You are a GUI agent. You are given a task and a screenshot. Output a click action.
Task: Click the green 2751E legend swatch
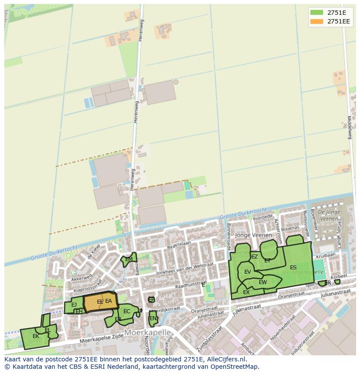317,12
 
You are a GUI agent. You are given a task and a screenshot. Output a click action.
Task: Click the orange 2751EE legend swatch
317,21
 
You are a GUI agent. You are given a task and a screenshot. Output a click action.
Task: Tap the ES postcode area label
293,268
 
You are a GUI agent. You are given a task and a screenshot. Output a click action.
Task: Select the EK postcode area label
36,336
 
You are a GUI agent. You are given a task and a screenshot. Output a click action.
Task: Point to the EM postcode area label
129,260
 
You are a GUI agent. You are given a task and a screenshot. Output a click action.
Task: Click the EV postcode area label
247,272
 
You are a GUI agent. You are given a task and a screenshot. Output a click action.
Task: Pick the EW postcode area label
263,282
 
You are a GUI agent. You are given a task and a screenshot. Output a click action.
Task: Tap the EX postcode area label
246,292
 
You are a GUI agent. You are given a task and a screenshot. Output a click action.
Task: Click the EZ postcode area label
254,257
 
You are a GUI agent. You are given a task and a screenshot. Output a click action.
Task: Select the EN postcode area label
153,318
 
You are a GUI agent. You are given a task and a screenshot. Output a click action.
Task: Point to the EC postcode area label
127,311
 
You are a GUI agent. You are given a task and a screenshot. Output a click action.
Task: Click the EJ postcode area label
74,305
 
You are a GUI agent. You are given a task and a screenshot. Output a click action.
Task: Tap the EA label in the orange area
109,301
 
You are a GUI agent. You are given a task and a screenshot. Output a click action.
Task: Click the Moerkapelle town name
147,332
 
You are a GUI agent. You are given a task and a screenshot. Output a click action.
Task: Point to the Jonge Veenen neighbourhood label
253,235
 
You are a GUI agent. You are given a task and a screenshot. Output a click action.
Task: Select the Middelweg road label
349,127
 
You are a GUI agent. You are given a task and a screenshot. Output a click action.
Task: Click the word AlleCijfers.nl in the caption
226,359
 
